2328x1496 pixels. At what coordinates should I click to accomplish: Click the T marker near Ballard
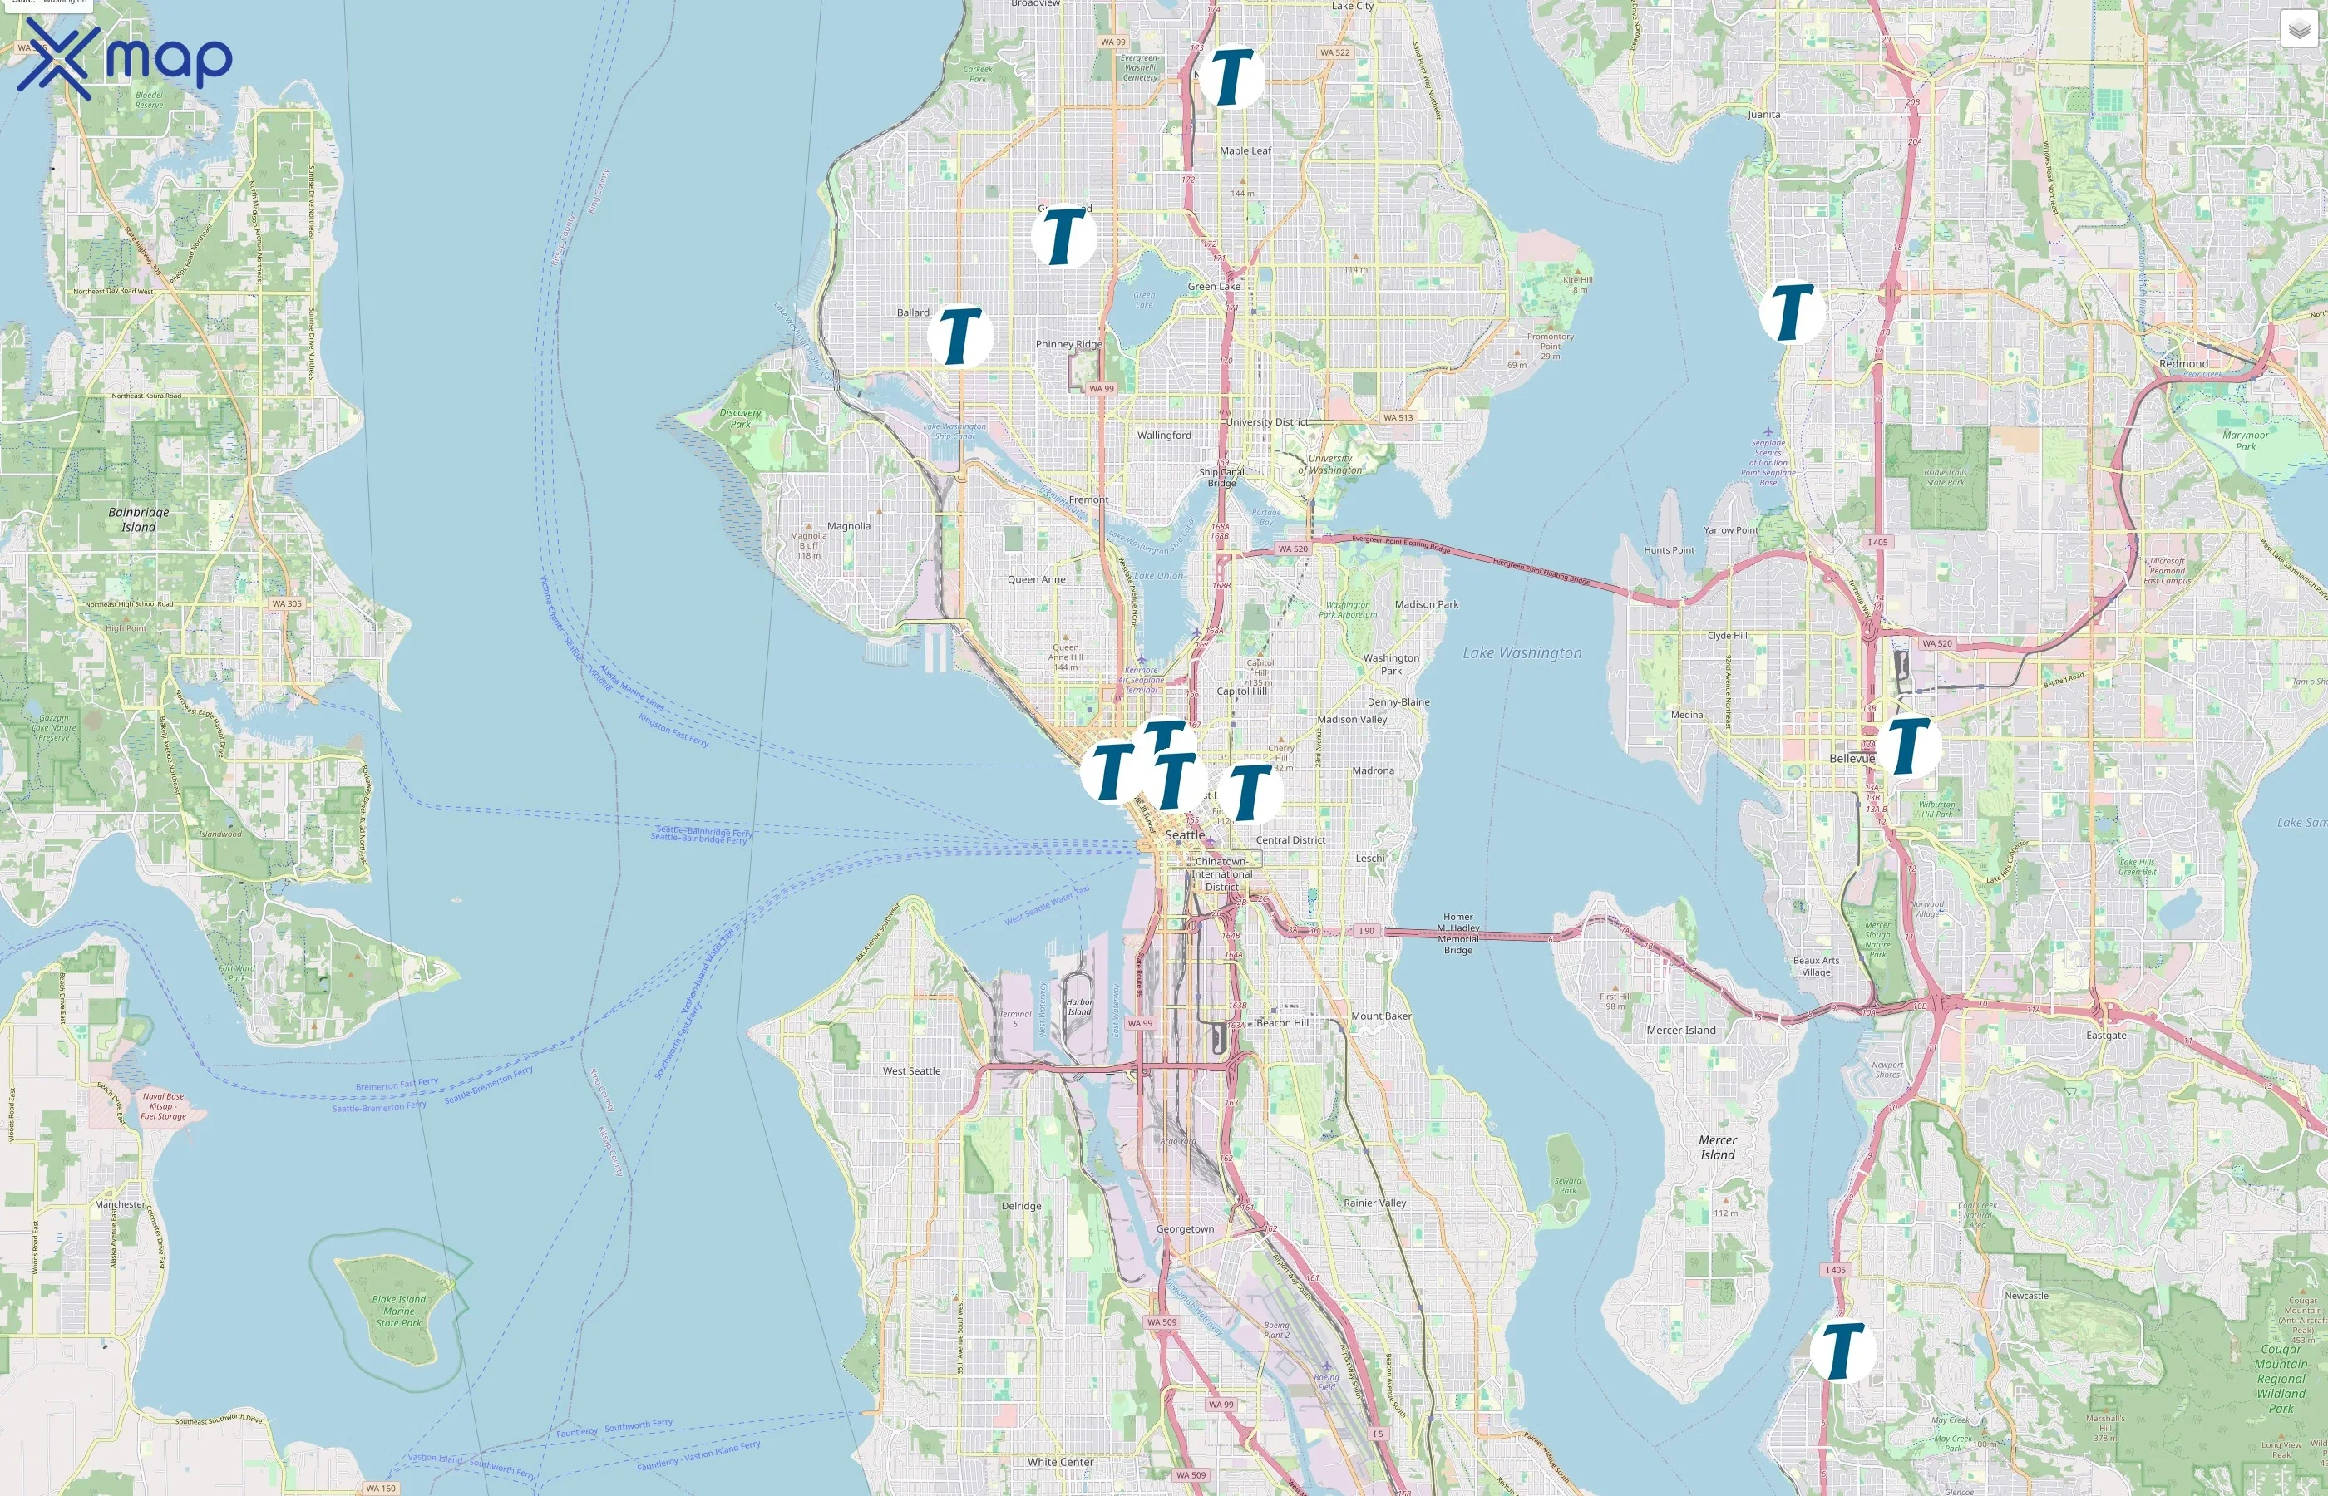960,336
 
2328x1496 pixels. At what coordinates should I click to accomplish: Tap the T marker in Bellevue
1909,745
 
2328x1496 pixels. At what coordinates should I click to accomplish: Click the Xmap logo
125,58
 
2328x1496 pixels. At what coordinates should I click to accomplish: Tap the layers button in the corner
2298,30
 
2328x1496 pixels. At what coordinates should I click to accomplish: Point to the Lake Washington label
1522,652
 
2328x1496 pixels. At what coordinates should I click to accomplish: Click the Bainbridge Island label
138,519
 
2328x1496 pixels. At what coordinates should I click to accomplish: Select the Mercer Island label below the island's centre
1717,1147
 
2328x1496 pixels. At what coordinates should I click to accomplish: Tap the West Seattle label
911,1070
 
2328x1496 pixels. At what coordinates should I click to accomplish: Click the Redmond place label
2183,363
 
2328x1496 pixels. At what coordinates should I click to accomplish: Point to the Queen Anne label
1036,579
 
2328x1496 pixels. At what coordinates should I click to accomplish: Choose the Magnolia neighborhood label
848,525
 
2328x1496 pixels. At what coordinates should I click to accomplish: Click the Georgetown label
1185,1229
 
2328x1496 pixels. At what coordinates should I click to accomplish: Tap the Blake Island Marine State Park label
398,1311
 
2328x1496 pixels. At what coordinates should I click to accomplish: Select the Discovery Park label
740,418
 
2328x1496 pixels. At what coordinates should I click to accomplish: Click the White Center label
1060,1461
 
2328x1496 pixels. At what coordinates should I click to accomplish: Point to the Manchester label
120,1203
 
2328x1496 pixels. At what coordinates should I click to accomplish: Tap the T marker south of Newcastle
1842,1351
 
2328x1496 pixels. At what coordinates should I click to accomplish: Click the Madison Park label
1427,604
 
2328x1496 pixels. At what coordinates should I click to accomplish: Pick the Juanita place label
1763,115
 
